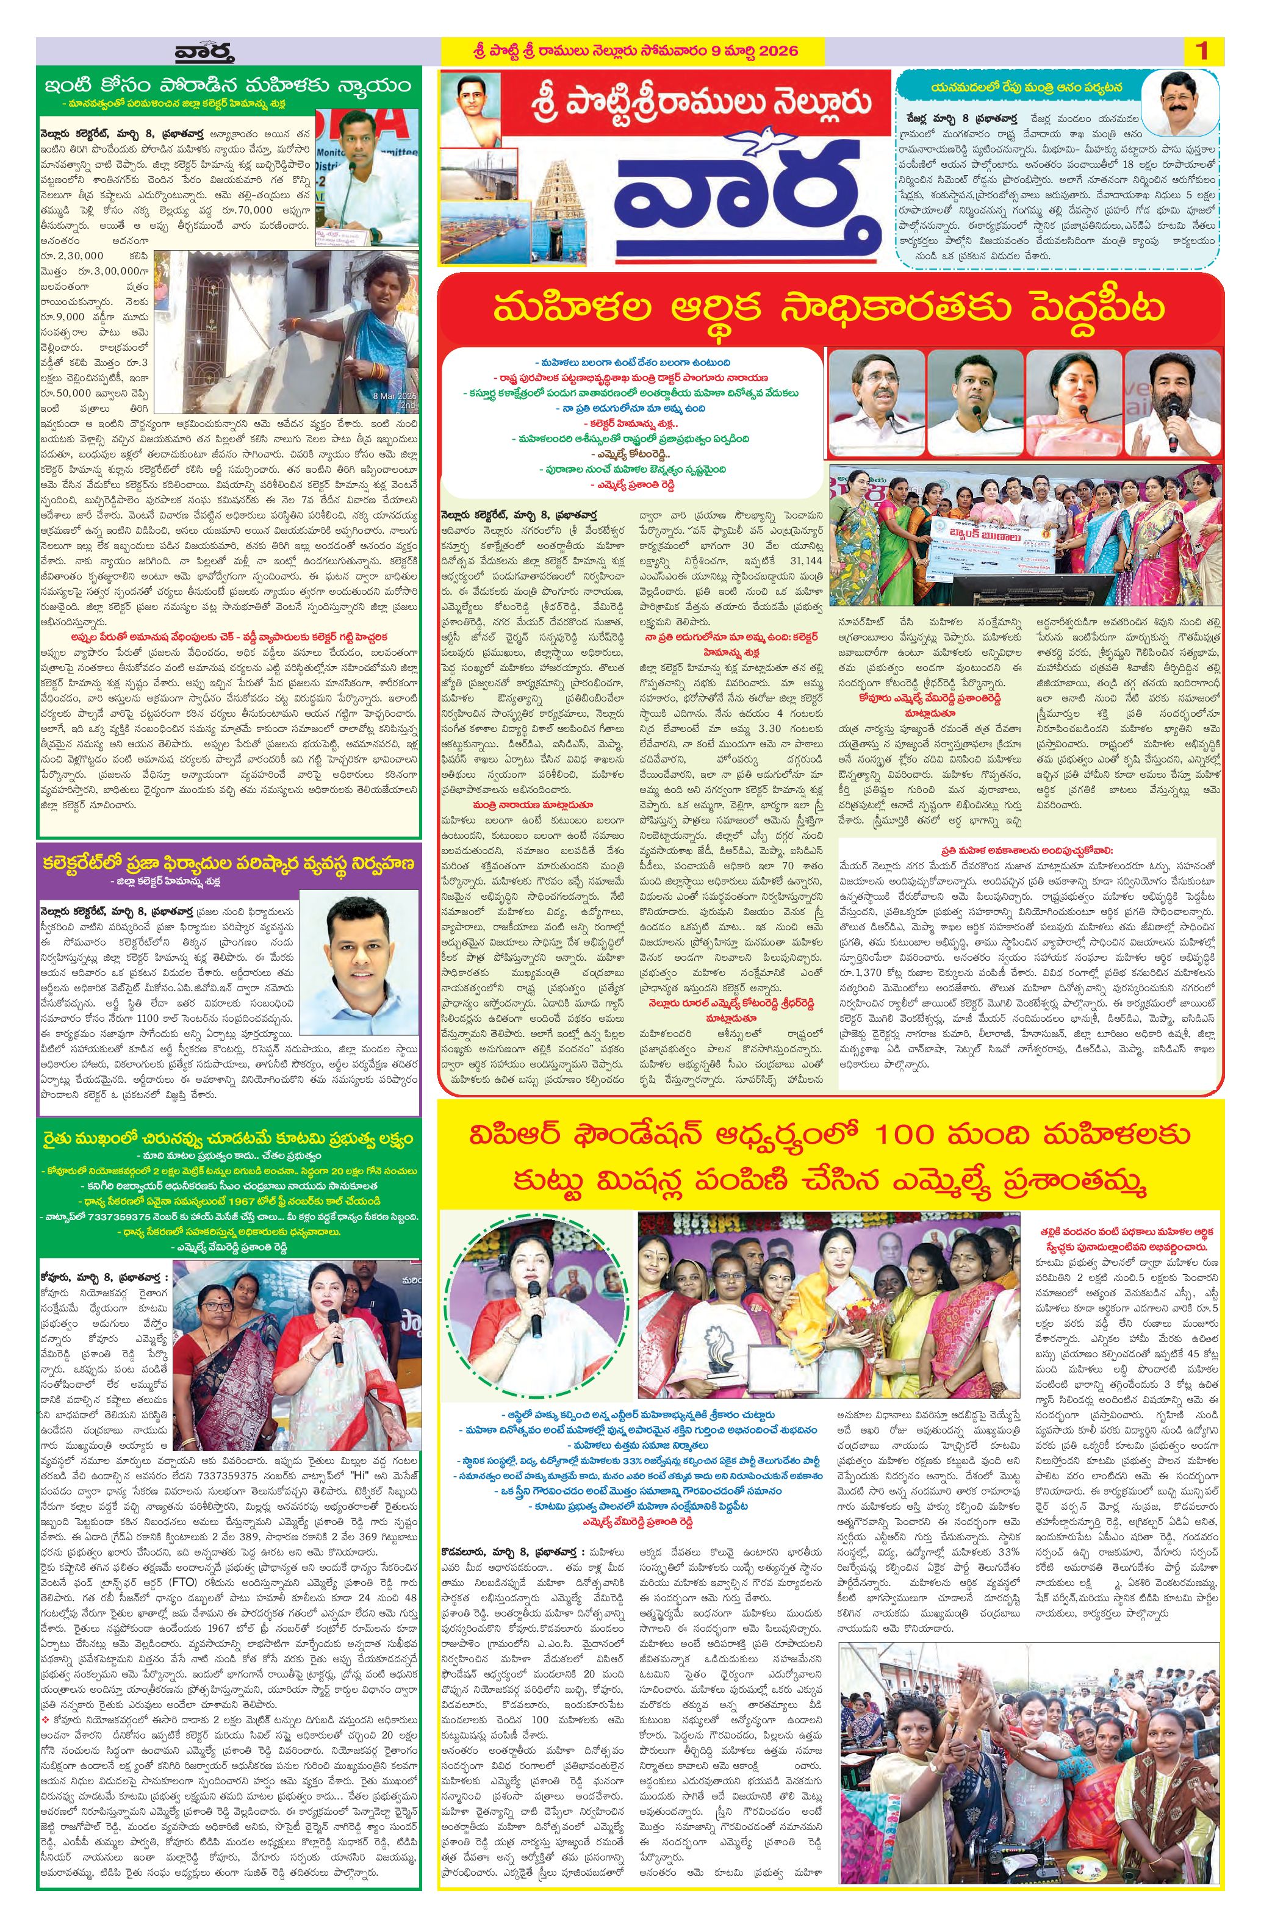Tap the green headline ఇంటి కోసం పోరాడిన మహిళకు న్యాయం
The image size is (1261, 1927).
click(x=228, y=86)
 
